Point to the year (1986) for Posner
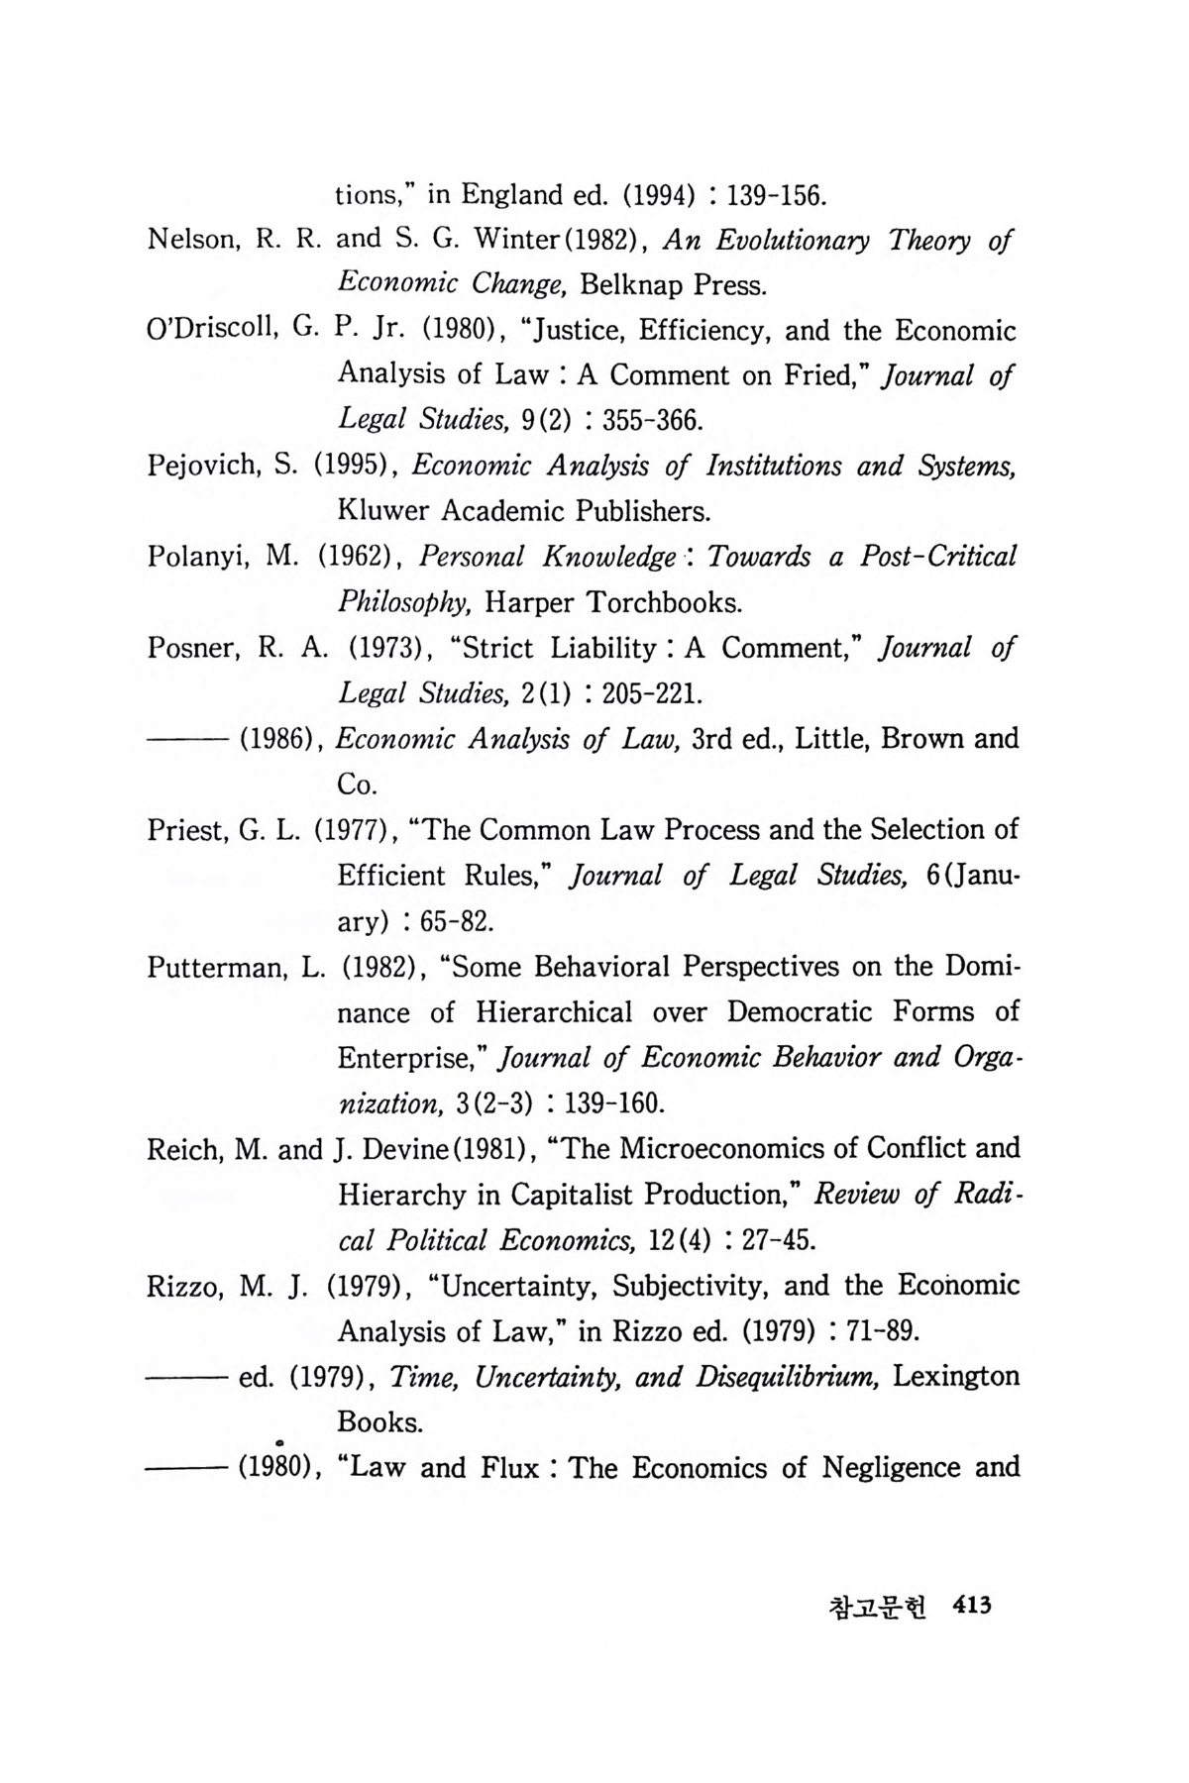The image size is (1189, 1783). point(278,739)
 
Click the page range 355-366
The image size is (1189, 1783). point(649,421)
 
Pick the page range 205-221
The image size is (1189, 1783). point(649,693)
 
